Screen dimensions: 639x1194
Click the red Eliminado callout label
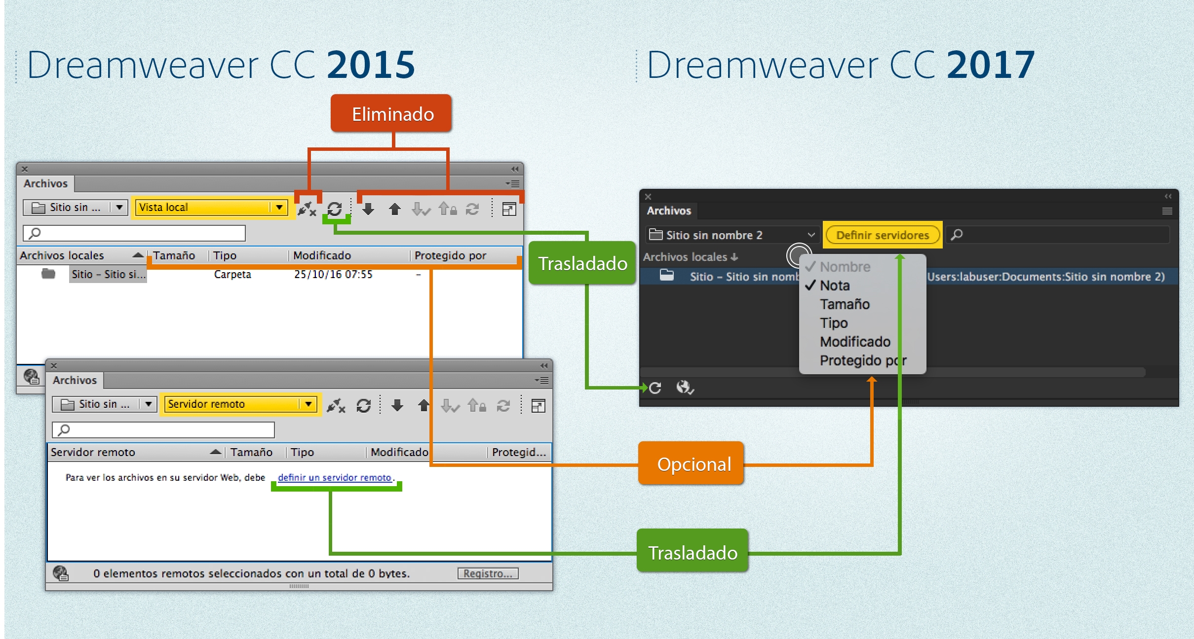(x=392, y=114)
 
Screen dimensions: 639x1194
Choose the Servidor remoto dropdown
(x=240, y=404)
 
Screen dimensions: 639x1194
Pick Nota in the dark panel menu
(x=835, y=285)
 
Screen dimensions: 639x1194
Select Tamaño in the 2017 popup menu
(x=845, y=304)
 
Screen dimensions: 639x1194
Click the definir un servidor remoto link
(x=335, y=477)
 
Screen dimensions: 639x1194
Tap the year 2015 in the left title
(x=371, y=65)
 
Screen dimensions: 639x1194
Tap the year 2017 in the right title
(x=991, y=65)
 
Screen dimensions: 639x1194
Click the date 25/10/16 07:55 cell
(x=333, y=275)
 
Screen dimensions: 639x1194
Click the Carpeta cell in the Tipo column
(x=232, y=275)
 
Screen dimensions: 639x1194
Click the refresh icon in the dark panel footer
(x=655, y=388)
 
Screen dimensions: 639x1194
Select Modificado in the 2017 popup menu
(x=855, y=342)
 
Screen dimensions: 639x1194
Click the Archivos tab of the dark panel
(x=669, y=211)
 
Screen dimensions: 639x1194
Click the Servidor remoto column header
(x=93, y=452)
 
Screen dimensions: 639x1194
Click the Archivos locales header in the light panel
(x=62, y=255)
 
